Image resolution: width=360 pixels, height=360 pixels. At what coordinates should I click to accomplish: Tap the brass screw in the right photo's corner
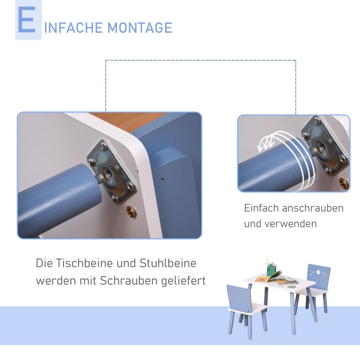coord(343,183)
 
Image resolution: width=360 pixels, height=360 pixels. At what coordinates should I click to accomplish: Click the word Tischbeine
coord(86,263)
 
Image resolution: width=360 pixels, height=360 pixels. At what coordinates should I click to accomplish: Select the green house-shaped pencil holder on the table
coord(271,270)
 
